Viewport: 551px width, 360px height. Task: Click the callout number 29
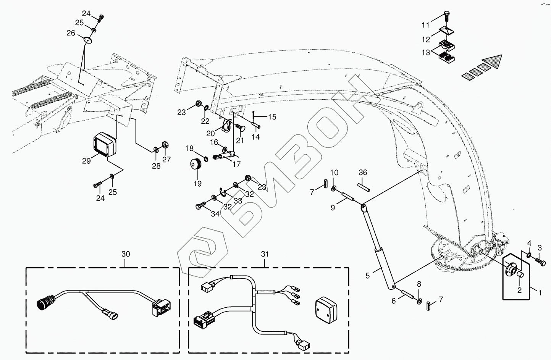tap(86, 161)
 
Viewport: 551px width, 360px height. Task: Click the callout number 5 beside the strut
tap(368, 275)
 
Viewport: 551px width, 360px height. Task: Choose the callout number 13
tap(426, 52)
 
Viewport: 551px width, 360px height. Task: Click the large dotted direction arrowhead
tap(492, 62)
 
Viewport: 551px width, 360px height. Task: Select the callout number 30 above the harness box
tap(126, 254)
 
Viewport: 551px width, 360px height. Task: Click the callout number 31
tap(265, 254)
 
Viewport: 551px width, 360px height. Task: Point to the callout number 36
tap(363, 173)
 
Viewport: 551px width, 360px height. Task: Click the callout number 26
tap(71, 33)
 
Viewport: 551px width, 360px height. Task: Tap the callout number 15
tap(272, 117)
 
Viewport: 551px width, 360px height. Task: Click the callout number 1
tap(540, 293)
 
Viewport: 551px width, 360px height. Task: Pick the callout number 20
tap(211, 133)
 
